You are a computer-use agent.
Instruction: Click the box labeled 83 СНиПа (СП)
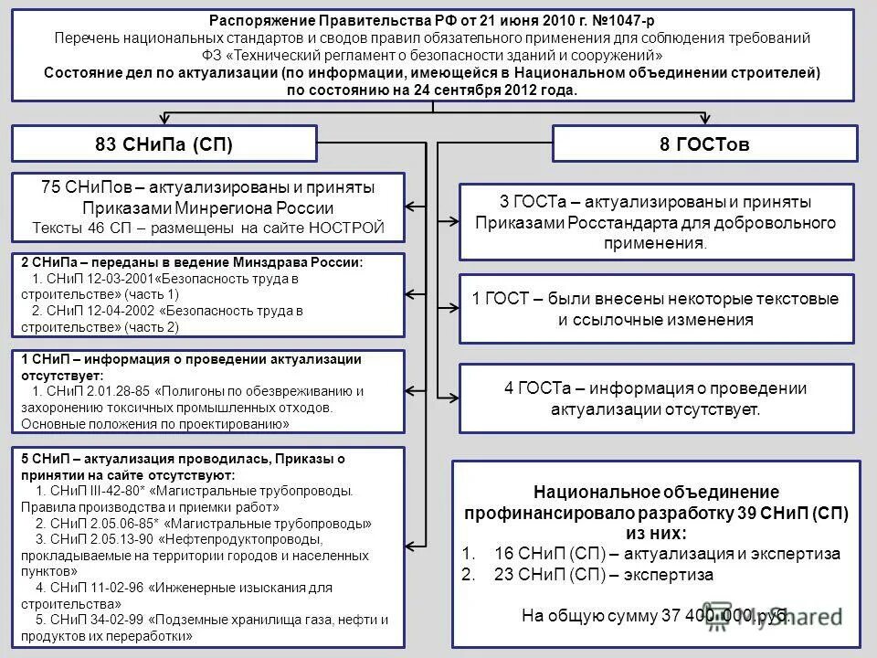pyautogui.click(x=164, y=144)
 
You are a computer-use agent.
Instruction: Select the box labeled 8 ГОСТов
pyautogui.click(x=706, y=144)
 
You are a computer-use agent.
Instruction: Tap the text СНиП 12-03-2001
pyautogui.click(x=97, y=278)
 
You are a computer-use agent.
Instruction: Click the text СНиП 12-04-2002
pyautogui.click(x=97, y=311)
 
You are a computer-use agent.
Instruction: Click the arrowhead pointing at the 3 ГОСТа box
pyautogui.click(x=453, y=220)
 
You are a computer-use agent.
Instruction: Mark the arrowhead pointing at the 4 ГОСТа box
pyautogui.click(x=453, y=396)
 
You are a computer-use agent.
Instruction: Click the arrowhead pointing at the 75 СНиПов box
pyautogui.click(x=412, y=206)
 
